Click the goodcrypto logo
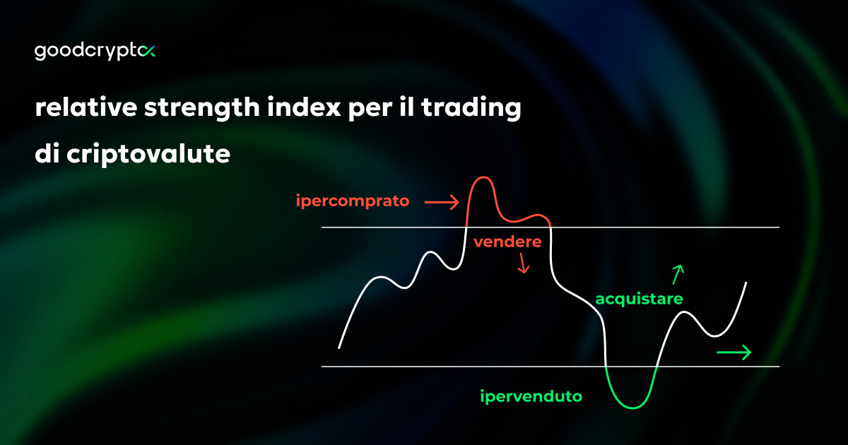coord(95,52)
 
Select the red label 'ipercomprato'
coord(353,201)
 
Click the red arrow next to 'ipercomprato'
coord(441,203)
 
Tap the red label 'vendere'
coord(507,242)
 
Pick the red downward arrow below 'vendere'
coord(523,264)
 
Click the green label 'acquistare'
coord(639,299)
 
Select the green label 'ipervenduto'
coord(531,396)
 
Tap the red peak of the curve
coord(482,178)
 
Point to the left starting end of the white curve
coord(340,348)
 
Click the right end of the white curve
coord(746,283)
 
